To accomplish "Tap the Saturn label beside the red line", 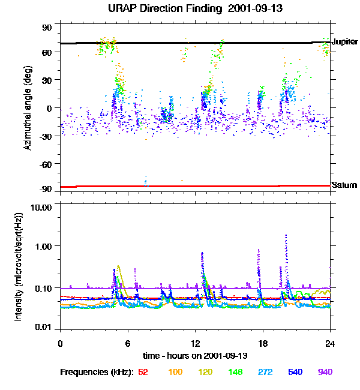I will (x=344, y=185).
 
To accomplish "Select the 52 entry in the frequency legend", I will (x=143, y=372).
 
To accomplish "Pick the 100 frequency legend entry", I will (x=175, y=372).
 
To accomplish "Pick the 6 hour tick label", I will (x=128, y=343).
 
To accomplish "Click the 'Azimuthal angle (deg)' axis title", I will (x=28, y=108).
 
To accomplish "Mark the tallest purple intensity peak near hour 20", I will (x=286, y=236).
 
